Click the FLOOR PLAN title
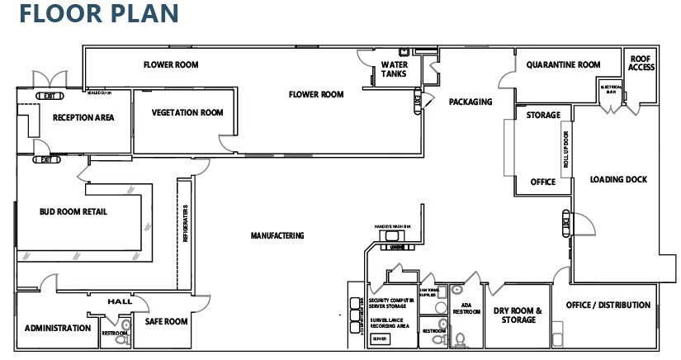[x=99, y=14]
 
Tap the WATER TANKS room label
[x=394, y=69]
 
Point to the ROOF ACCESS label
[x=641, y=63]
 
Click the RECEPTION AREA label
[x=83, y=117]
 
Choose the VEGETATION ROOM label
[x=187, y=113]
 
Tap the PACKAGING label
[x=470, y=102]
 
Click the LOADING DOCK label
[x=618, y=179]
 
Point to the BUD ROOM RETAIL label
[x=73, y=211]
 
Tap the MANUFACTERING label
[x=277, y=235]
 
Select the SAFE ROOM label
[x=166, y=321]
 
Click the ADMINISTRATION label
[x=57, y=328]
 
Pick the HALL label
[x=120, y=301]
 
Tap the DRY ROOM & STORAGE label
[x=518, y=315]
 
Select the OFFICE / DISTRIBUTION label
[x=608, y=305]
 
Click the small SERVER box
[x=379, y=339]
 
